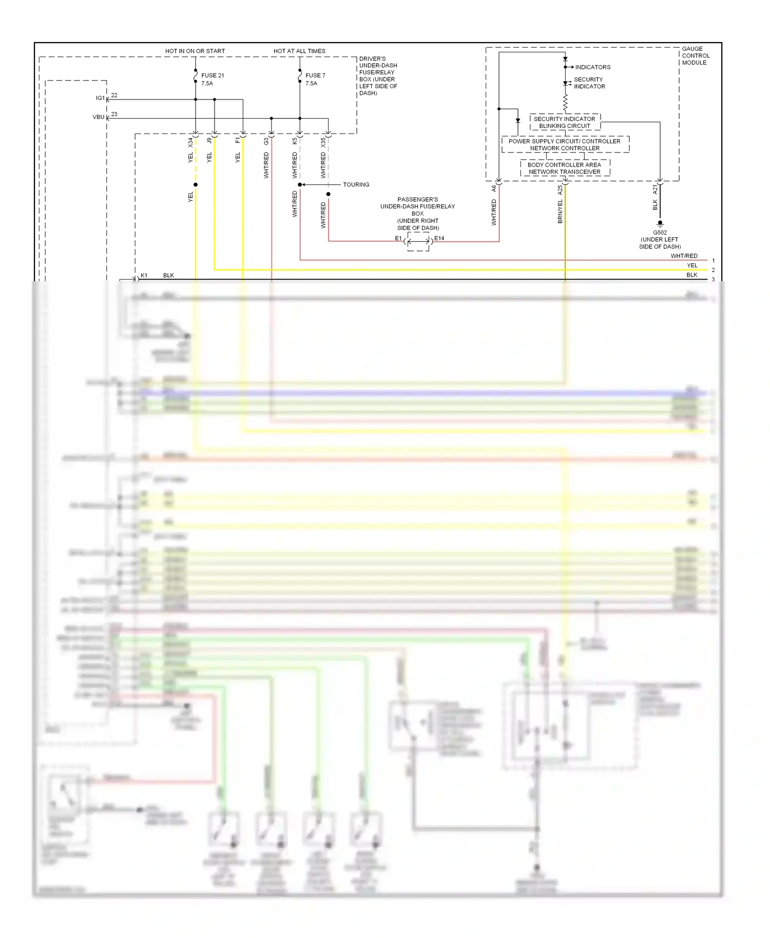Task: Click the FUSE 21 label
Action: [212, 75]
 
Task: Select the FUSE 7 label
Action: [315, 75]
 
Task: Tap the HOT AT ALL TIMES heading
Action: [299, 51]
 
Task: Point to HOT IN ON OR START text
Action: [195, 51]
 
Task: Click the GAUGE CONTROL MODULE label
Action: [696, 55]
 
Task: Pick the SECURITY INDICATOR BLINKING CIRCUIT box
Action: [565, 122]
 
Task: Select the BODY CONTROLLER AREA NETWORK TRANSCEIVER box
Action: [565, 168]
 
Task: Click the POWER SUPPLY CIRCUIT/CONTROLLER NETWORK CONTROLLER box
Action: [565, 145]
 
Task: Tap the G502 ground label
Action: [660, 232]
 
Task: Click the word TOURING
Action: [356, 185]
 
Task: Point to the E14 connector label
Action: [439, 238]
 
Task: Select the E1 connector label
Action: [398, 238]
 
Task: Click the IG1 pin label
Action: [100, 98]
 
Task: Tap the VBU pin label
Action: [98, 117]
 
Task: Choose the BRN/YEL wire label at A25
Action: [560, 211]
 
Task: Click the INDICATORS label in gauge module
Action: [592, 67]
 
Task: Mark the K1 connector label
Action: [144, 276]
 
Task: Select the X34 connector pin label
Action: [190, 142]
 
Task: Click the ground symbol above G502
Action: [660, 224]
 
